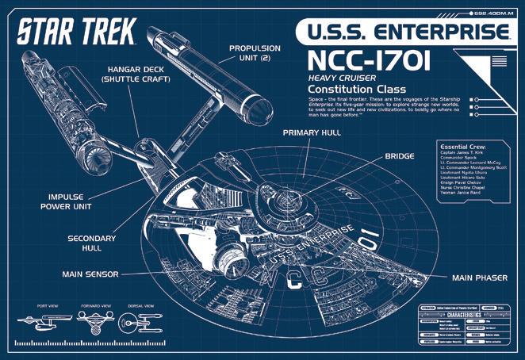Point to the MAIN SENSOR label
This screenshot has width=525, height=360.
coord(90,274)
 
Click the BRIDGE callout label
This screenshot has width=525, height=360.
coord(400,156)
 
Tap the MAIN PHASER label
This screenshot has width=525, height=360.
coord(480,278)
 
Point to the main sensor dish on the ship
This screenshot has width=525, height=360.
coord(229,255)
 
